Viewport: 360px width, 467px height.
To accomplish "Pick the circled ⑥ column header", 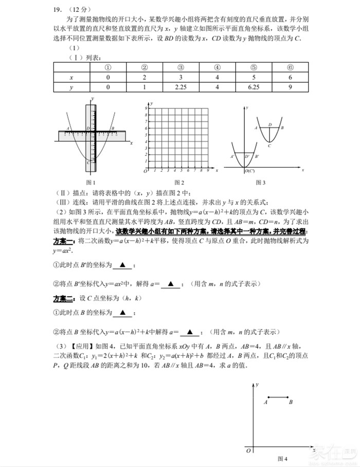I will pyautogui.click(x=291, y=67).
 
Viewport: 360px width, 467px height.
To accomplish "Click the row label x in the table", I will pyautogui.click(x=71, y=77).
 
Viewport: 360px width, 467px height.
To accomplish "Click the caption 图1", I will pyautogui.click(x=91, y=182).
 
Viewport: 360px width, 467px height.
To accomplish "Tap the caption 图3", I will pyautogui.click(x=261, y=182).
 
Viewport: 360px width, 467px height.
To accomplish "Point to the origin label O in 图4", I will pyautogui.click(x=248, y=451).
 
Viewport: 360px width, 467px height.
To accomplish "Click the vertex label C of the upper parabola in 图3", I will pyautogui.click(x=269, y=146).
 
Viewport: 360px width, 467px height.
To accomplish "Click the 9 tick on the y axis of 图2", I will pyautogui.click(x=147, y=109).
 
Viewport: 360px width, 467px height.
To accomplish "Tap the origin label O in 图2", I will pyautogui.click(x=145, y=171).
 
